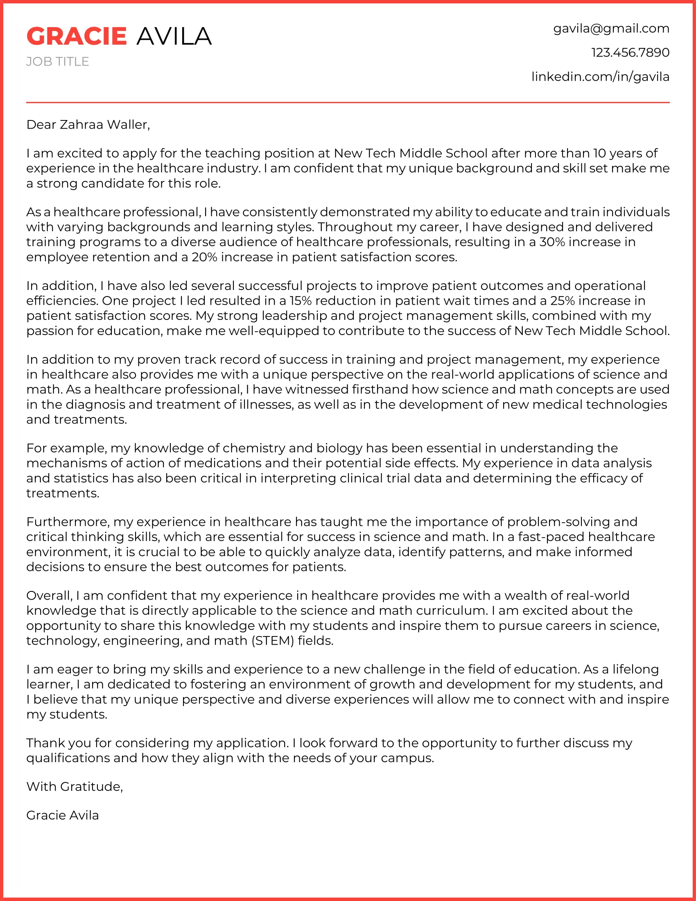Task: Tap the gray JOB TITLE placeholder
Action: pyautogui.click(x=58, y=61)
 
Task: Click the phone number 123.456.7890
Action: pyautogui.click(x=630, y=52)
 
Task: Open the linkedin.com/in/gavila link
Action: pyautogui.click(x=600, y=77)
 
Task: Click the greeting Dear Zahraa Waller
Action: pyautogui.click(x=88, y=125)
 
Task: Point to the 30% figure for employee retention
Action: pyautogui.click(x=552, y=242)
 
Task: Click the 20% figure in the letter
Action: pyautogui.click(x=205, y=257)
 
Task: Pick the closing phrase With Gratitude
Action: pyautogui.click(x=75, y=786)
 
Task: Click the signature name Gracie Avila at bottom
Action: pyautogui.click(x=63, y=815)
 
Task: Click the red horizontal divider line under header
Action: pyautogui.click(x=348, y=102)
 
